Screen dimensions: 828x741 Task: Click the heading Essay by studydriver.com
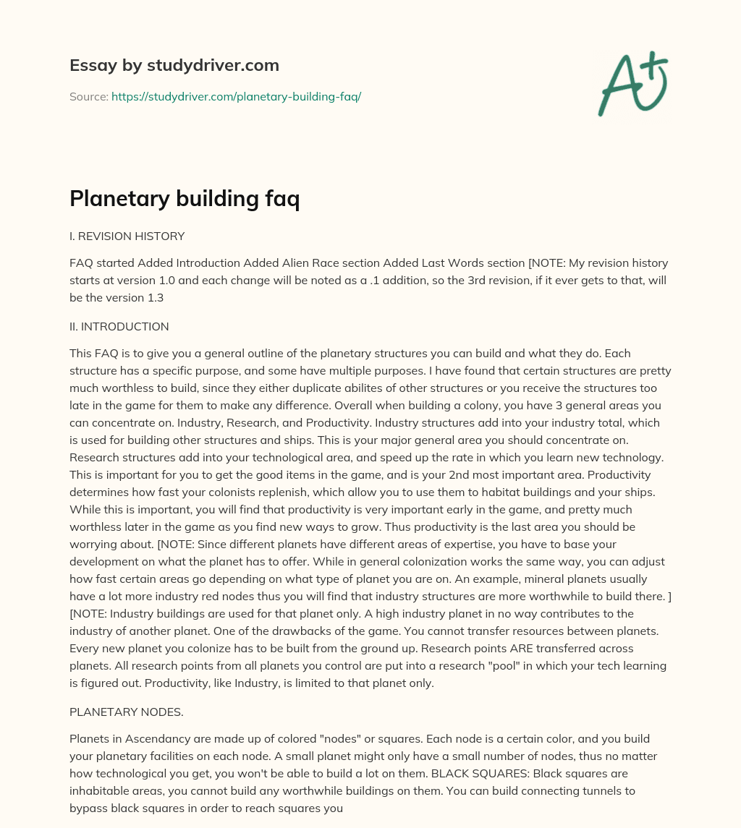click(x=174, y=65)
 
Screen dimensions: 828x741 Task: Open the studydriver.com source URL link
click(x=236, y=96)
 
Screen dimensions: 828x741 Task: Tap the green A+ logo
click(x=632, y=83)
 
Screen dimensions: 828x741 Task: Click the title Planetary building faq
click(x=185, y=198)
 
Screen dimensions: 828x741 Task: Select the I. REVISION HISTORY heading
click(x=127, y=236)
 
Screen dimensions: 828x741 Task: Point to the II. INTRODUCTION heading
click(x=119, y=326)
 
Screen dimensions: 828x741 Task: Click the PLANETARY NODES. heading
click(x=126, y=712)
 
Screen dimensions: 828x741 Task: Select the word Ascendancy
click(x=153, y=738)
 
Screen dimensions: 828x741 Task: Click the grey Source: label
click(x=88, y=96)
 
